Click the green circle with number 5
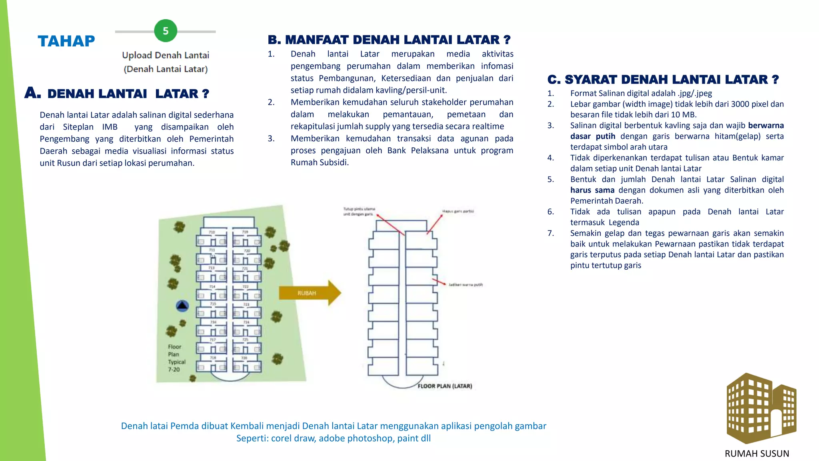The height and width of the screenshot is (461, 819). pyautogui.click(x=166, y=31)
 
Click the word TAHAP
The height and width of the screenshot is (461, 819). pyautogui.click(x=66, y=41)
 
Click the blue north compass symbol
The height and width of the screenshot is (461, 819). pyautogui.click(x=182, y=306)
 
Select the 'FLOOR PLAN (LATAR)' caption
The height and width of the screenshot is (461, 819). pyautogui.click(x=445, y=386)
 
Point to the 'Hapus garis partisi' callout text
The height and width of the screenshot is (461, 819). pyautogui.click(x=458, y=211)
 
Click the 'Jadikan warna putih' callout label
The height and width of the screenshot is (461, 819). pyautogui.click(x=465, y=285)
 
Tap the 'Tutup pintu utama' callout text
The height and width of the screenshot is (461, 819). pyautogui.click(x=359, y=211)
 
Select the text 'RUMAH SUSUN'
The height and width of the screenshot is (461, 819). pyautogui.click(x=757, y=453)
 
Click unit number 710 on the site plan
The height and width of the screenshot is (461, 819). pyautogui.click(x=212, y=232)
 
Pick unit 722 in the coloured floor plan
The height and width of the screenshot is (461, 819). pyautogui.click(x=246, y=287)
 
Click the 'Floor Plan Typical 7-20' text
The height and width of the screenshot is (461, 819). pyautogui.click(x=176, y=358)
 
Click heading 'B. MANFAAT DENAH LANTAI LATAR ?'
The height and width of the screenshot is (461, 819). pyautogui.click(x=389, y=40)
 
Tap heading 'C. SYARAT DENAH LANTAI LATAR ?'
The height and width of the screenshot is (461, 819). pyautogui.click(x=663, y=80)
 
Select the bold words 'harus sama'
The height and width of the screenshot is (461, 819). pyautogui.click(x=592, y=190)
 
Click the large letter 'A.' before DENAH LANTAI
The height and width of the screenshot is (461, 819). pyautogui.click(x=32, y=93)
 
